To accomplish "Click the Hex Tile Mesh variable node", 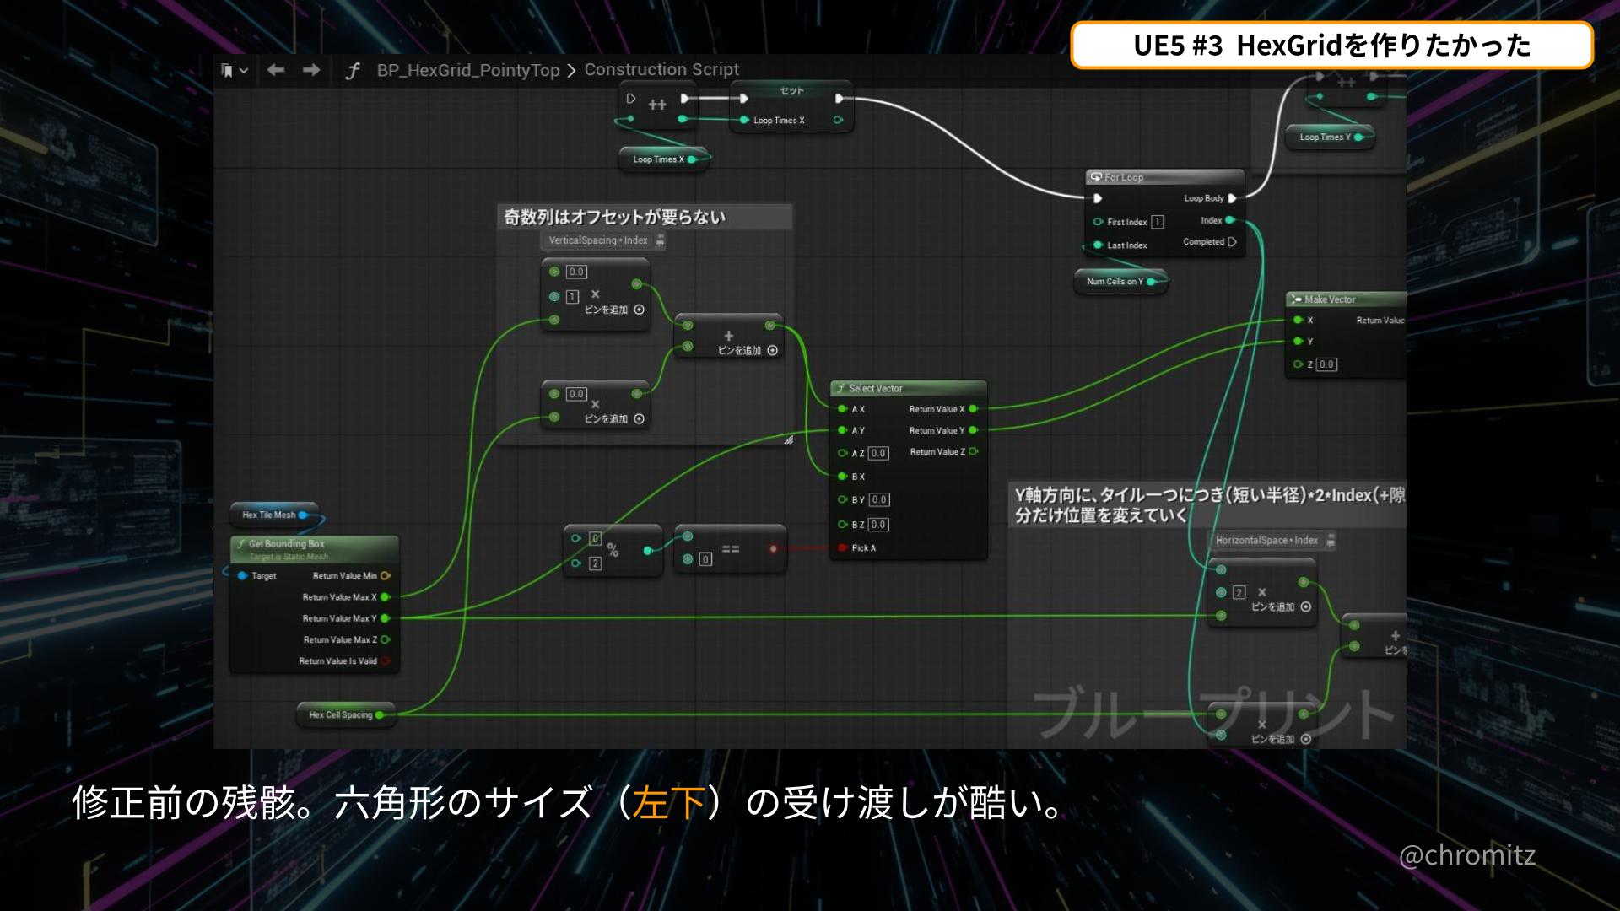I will [x=269, y=515].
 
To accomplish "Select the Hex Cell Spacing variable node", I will [x=340, y=714].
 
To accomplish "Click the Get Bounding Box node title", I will [x=286, y=544].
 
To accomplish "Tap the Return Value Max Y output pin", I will [x=386, y=618].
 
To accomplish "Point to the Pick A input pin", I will [x=842, y=548].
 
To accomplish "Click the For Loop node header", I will [x=1123, y=177].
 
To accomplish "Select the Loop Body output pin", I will [x=1232, y=198].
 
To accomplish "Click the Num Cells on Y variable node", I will [x=1115, y=282].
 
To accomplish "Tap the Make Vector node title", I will [x=1330, y=299].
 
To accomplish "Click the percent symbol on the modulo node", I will [x=613, y=551].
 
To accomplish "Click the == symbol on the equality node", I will [x=731, y=549].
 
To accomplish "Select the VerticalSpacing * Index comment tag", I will [x=597, y=240].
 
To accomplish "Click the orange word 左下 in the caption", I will [x=668, y=802].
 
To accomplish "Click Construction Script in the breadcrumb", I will [x=661, y=69].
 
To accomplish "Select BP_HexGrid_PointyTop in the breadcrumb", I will [x=468, y=70].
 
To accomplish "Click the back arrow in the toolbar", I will [x=276, y=70].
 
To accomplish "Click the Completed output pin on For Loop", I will [x=1232, y=242].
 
